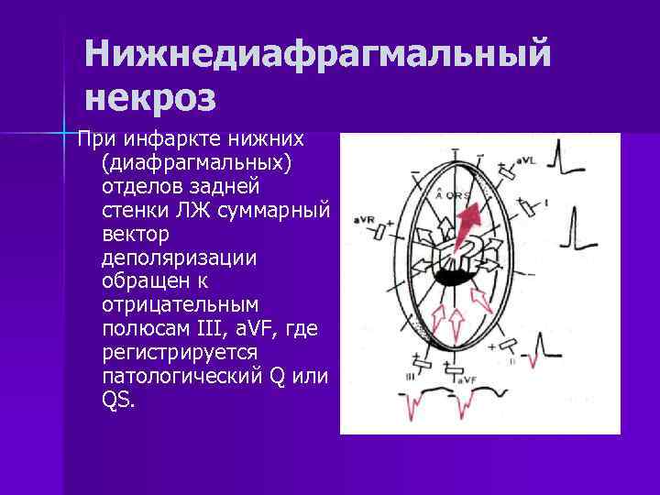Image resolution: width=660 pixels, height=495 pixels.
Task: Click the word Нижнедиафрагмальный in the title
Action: pos(318,54)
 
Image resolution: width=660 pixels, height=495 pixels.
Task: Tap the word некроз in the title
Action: pos(150,95)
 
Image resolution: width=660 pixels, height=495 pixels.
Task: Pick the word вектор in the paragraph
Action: pos(130,236)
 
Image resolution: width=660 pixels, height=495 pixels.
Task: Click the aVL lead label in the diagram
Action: pos(525,160)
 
